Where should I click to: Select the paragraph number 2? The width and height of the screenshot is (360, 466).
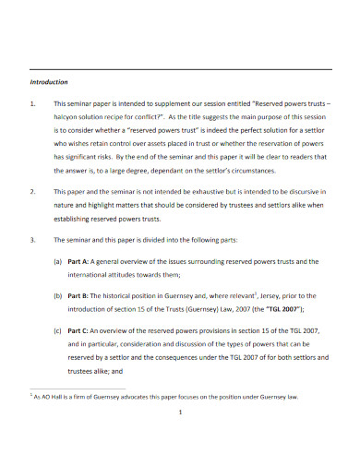(33, 191)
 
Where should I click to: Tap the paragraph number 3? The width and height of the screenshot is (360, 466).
(33, 242)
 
